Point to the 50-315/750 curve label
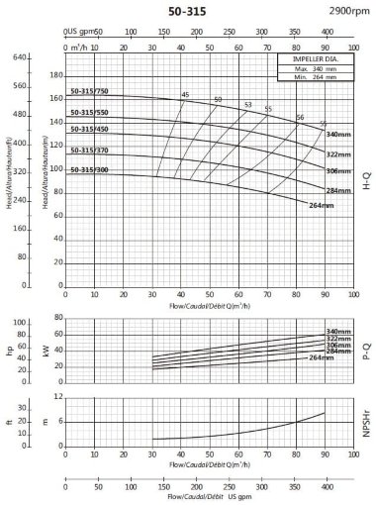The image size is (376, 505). (x=89, y=91)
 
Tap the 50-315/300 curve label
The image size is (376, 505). (x=89, y=170)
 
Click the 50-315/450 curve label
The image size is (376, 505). (x=89, y=129)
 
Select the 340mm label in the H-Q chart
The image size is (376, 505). (x=339, y=134)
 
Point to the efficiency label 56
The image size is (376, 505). (x=300, y=118)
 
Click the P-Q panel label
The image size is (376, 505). (x=367, y=348)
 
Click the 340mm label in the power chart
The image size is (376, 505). (x=339, y=331)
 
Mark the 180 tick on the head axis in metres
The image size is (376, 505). (x=56, y=76)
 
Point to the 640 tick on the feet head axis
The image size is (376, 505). (x=17, y=57)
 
